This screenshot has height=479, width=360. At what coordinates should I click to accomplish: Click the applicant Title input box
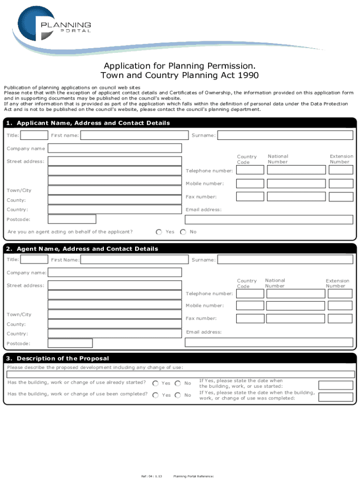click(x=35, y=135)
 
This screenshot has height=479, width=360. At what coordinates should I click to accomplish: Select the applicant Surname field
click(x=285, y=135)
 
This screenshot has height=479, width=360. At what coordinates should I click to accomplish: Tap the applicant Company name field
click(x=115, y=148)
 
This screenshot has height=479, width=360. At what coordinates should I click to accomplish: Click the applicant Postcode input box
click(x=72, y=219)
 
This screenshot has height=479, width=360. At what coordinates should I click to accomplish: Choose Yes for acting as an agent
click(x=159, y=232)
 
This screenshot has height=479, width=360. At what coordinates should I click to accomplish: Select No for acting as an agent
click(x=183, y=232)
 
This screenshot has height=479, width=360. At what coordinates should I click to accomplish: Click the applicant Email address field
click(x=269, y=219)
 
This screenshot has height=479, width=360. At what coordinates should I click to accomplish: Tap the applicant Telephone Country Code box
click(x=250, y=170)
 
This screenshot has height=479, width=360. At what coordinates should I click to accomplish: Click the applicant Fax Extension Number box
click(x=340, y=197)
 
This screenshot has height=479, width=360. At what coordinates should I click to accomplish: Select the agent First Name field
click(x=135, y=259)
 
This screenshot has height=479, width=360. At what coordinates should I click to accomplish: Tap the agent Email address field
click(x=269, y=342)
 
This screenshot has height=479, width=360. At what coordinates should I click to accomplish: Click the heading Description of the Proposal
click(x=63, y=358)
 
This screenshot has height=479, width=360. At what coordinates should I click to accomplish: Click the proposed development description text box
click(x=180, y=375)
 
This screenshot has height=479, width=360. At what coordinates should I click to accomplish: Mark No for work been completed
click(x=178, y=395)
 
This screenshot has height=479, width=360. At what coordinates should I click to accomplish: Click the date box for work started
click(x=335, y=385)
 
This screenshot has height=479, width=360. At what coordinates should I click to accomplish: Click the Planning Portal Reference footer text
click(x=194, y=476)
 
